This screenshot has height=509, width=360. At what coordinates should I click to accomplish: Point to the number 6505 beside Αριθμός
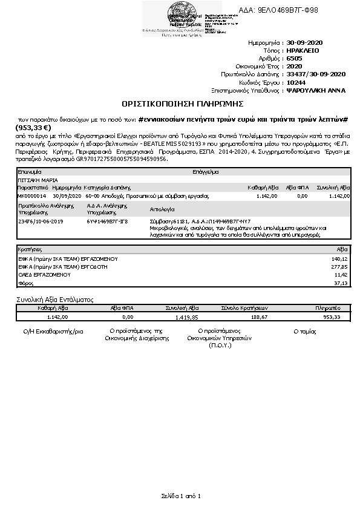coord(295,59)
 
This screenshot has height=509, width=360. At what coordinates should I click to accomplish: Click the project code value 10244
coord(296,82)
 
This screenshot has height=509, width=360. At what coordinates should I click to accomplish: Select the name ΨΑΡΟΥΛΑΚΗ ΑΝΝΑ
coord(315,90)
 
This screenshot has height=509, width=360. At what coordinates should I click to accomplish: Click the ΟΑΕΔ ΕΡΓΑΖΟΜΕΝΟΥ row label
coord(39,274)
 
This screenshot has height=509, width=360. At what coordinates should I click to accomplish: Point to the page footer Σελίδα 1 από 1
coord(180,496)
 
